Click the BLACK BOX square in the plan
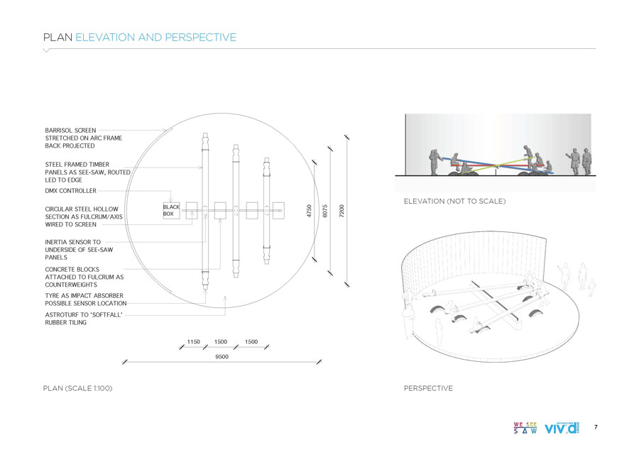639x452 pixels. (171, 210)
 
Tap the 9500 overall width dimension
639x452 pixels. (222, 357)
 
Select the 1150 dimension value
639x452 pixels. (193, 341)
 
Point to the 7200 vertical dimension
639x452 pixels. (342, 211)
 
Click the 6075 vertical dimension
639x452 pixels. (325, 211)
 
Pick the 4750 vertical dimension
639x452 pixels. (309, 211)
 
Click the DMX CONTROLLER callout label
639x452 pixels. (70, 191)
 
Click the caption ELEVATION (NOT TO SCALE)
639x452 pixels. (454, 202)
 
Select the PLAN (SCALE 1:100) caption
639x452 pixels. (77, 389)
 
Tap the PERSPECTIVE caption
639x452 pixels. (428, 389)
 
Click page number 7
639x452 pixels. (596, 427)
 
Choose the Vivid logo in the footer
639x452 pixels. (562, 428)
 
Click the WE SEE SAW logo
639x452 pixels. (525, 428)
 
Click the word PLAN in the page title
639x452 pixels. (58, 37)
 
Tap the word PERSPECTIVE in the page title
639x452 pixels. (201, 37)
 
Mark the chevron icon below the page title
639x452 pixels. (47, 51)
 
